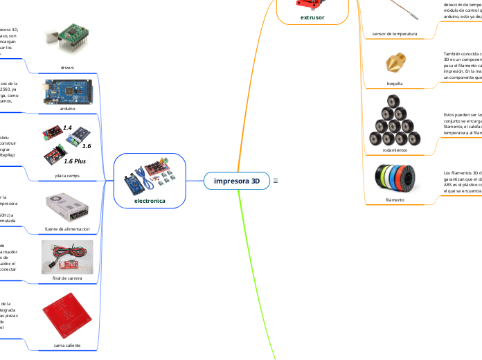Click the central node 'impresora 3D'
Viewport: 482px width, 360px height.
point(237,181)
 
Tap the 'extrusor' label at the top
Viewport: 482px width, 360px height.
point(312,17)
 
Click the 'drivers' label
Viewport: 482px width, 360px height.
point(68,68)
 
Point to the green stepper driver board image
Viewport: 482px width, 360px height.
point(67,38)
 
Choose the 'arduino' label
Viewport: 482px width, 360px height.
point(68,109)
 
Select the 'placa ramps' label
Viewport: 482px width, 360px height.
point(68,176)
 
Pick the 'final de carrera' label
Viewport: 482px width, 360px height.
point(68,278)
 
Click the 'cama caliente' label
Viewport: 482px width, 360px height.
point(68,344)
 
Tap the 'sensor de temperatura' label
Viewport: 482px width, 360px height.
point(395,33)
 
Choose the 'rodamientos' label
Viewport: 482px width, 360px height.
point(395,150)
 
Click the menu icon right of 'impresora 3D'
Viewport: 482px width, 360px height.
point(276,181)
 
